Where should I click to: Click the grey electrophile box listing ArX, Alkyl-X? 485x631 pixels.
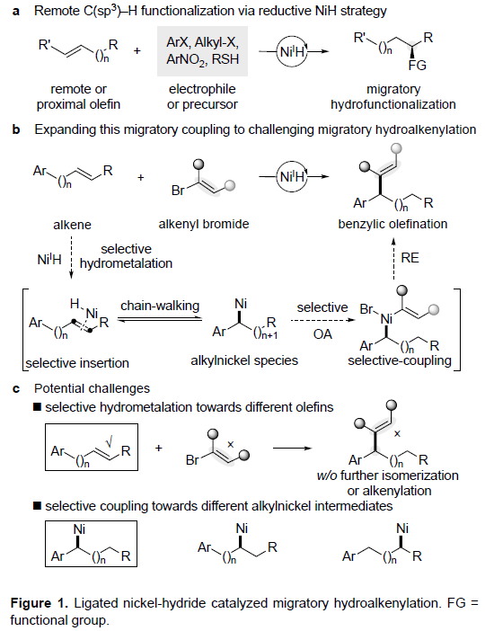coord(202,51)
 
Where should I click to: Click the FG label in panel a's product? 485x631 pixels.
coord(417,66)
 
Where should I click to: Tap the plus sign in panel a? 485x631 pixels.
coord(137,50)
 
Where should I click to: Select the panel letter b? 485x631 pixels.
coord(16,129)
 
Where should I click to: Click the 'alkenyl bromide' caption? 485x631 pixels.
coord(204,224)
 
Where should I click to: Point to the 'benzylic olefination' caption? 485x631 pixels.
coord(392,224)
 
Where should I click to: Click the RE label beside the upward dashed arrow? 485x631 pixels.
coord(410,258)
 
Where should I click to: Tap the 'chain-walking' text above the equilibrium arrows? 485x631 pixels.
coord(160,306)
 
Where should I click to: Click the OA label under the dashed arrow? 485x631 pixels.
coord(322,334)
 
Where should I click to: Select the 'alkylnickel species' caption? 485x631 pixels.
coord(244,360)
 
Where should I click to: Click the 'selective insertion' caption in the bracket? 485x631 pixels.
coord(77,363)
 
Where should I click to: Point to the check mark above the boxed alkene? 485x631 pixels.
coord(109,442)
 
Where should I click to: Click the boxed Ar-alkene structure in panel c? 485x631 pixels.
coord(92,447)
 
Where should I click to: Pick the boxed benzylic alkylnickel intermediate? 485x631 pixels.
coord(92,544)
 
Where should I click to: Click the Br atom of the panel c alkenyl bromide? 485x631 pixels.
coord(192,459)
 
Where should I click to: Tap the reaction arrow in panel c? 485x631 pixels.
coord(293,448)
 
